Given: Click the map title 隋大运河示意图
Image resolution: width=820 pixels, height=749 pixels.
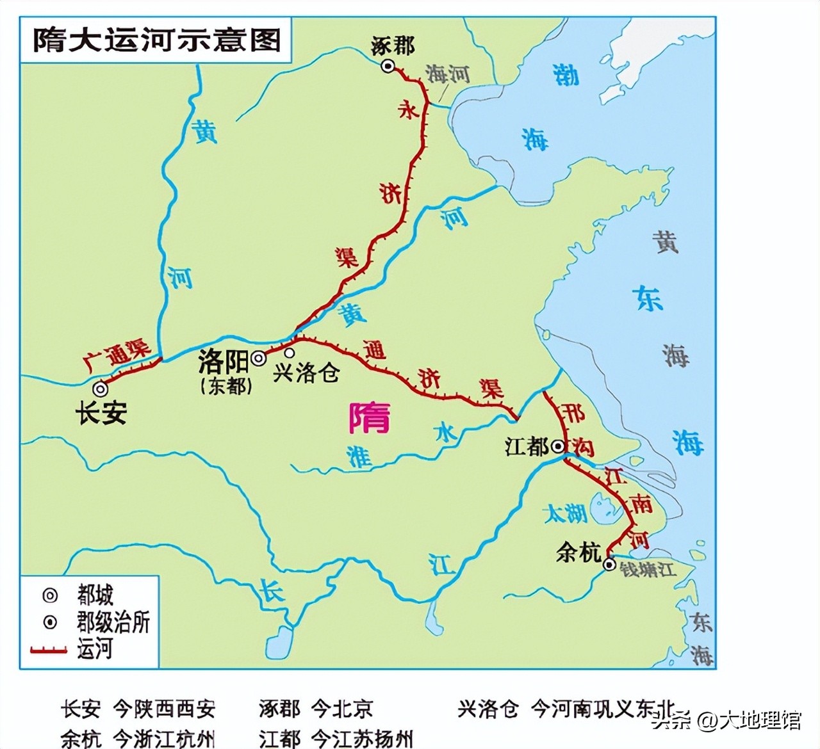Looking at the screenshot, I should click(157, 39).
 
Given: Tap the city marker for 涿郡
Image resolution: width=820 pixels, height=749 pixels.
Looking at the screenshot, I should click(388, 65).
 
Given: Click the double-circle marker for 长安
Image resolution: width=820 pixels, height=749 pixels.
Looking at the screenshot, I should click(100, 388).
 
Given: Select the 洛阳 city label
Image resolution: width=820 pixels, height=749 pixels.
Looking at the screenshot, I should click(223, 362).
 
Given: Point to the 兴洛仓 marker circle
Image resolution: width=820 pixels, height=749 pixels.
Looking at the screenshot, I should click(290, 353).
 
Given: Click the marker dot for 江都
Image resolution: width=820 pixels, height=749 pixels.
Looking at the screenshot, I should click(558, 446).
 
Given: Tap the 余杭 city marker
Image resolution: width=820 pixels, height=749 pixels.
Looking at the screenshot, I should click(609, 564).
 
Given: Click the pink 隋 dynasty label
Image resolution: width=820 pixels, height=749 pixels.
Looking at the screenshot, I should click(369, 418).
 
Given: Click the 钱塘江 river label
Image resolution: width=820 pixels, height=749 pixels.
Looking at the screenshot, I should click(647, 568).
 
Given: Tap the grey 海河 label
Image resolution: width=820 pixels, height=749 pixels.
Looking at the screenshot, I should click(448, 74).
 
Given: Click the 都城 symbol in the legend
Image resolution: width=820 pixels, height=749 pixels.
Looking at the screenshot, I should click(50, 595).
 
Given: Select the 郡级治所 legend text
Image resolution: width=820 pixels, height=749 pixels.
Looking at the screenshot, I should click(113, 622).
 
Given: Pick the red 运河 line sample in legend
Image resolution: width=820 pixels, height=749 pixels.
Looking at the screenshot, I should click(49, 650).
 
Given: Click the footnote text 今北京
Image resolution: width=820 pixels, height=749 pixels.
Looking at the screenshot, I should click(342, 709).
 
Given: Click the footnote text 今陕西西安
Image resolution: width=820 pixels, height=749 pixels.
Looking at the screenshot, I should click(164, 709).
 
